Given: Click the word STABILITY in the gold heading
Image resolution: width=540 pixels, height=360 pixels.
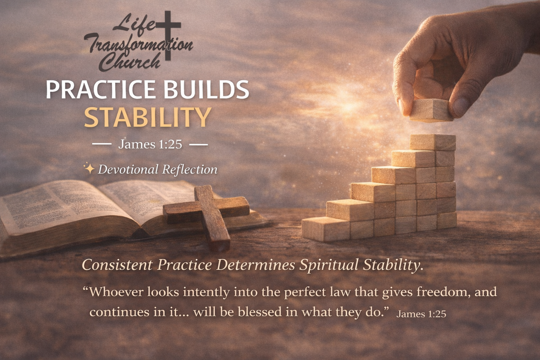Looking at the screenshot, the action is click(148, 118).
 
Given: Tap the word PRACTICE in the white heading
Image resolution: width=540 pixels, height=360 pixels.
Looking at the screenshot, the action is click(101, 90).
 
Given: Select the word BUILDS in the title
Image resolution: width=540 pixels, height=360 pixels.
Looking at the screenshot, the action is click(206, 90).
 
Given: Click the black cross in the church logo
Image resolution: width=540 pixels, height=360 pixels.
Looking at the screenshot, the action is click(168, 35).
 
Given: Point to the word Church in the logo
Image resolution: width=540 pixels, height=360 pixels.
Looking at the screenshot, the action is click(130, 62).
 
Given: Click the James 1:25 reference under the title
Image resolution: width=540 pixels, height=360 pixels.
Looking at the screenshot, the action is click(150, 144).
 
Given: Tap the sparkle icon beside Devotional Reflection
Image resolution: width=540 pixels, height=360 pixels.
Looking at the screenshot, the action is click(89, 169).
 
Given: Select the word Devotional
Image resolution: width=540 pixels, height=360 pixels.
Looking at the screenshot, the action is click(128, 169).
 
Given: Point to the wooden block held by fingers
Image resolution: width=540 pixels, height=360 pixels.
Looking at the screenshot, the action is click(431, 110).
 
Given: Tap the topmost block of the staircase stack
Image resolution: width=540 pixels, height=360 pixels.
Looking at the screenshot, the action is click(433, 142).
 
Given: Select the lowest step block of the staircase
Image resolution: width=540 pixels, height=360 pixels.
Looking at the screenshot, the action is click(326, 229).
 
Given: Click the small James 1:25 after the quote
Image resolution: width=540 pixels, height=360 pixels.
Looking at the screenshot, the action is click(421, 314).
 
